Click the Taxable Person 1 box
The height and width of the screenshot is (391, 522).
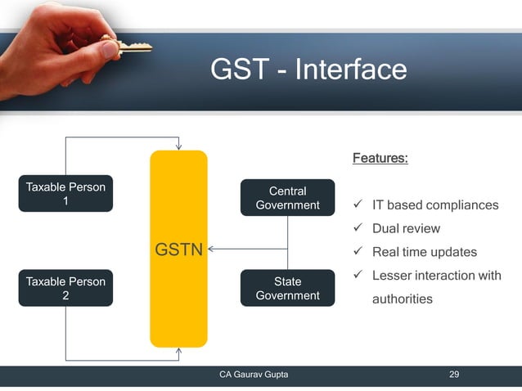click(65, 194)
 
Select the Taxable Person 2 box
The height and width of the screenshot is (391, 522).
click(65, 288)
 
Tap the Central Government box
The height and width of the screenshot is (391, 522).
click(287, 198)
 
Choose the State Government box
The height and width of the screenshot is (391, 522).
click(287, 288)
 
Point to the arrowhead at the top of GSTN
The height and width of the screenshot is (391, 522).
click(178, 146)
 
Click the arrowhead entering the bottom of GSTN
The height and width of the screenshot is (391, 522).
click(178, 352)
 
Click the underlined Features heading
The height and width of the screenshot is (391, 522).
click(380, 158)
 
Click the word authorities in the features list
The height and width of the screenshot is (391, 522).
click(402, 299)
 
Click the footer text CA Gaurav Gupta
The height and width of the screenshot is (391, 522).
click(253, 375)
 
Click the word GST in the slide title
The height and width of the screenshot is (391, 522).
click(237, 70)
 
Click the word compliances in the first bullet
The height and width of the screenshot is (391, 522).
click(459, 204)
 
